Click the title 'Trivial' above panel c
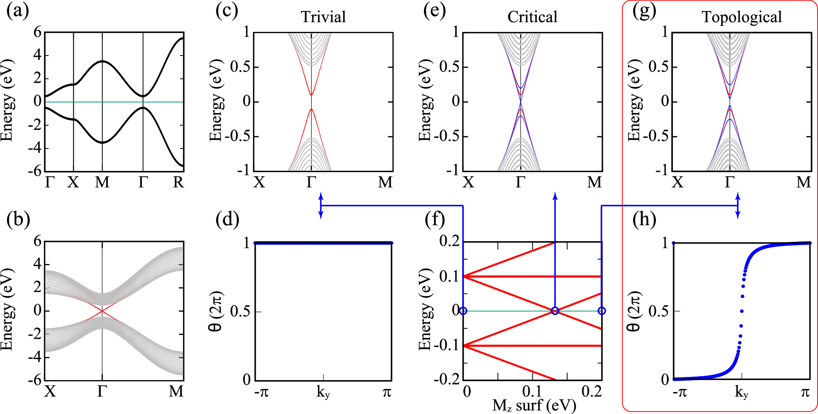click(323, 17)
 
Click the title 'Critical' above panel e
click(532, 17)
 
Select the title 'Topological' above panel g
click(741, 17)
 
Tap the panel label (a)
click(18, 11)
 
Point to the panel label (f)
click(435, 219)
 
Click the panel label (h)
click(644, 219)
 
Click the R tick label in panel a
click(178, 182)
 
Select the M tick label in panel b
click(176, 392)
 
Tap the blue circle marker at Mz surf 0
click(463, 311)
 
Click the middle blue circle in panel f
click(555, 311)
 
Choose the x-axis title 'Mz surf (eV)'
click(534, 405)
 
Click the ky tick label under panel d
click(323, 392)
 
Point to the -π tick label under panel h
click(680, 392)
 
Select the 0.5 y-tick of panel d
click(240, 311)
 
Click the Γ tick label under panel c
click(311, 182)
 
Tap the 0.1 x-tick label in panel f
click(532, 392)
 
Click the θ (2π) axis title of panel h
click(633, 311)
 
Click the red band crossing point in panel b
click(102, 311)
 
